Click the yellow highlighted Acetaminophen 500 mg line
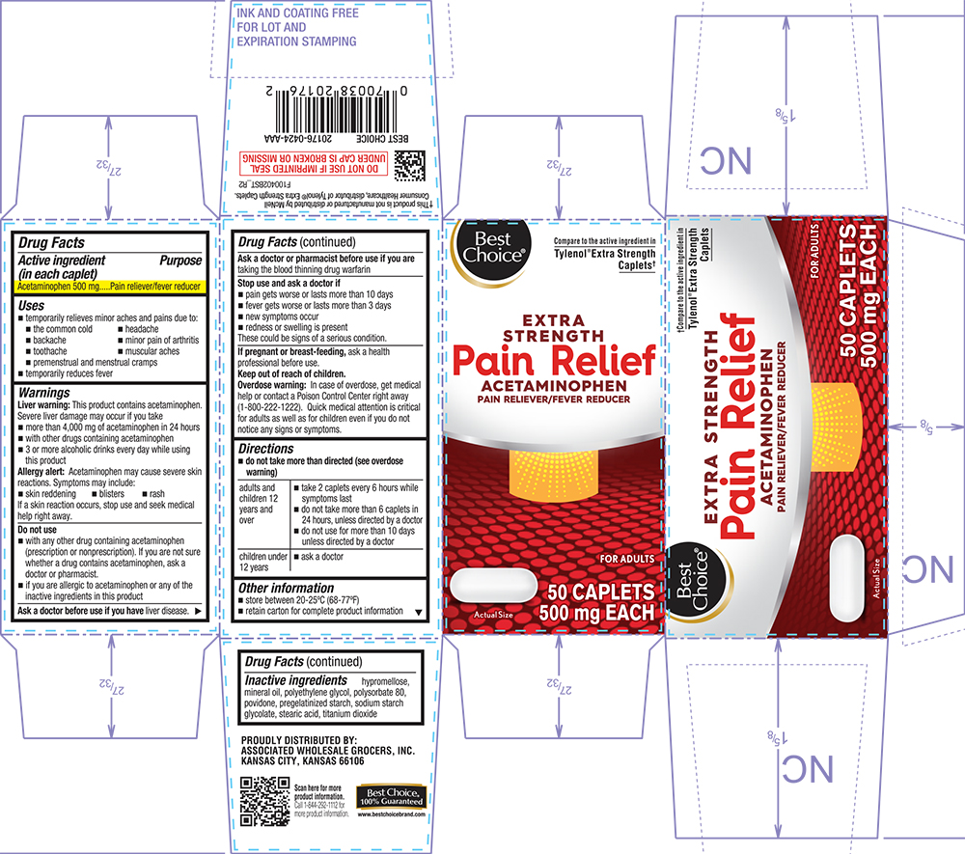click(109, 287)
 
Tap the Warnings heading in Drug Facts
click(44, 394)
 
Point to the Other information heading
click(287, 588)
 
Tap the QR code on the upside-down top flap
click(411, 165)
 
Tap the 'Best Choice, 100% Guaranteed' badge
click(391, 796)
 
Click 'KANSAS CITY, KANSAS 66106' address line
click(301, 761)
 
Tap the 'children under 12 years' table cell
click(262, 562)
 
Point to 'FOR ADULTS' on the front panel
click(626, 559)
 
